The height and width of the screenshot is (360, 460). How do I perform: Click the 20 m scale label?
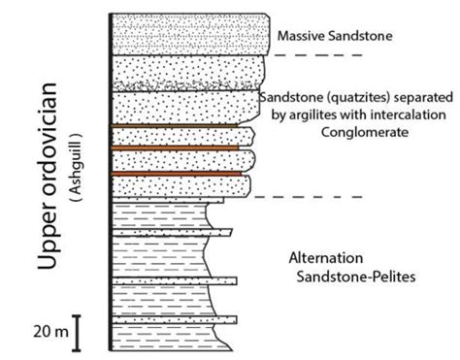pos(49,332)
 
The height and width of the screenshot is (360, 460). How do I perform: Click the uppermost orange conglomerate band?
pos(175,126)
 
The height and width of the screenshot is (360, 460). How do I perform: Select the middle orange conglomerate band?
pos(175,148)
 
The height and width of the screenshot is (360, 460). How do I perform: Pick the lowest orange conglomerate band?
pos(175,173)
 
